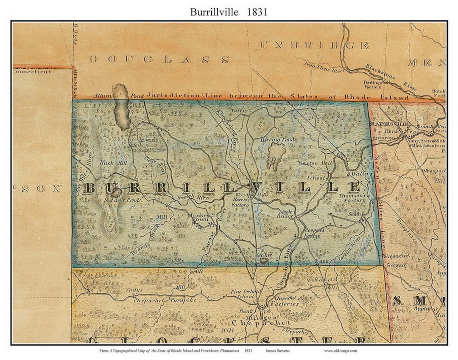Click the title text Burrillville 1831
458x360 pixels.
point(229,12)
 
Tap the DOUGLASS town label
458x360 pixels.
point(159,59)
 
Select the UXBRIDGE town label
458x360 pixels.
point(313,45)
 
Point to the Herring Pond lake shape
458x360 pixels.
point(276,155)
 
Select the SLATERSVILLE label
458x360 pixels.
point(389,124)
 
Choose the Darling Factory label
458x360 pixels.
point(372,84)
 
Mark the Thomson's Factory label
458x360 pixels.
point(352,198)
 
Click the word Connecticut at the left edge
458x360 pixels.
point(32,72)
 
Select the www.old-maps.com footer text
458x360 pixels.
point(341,351)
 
